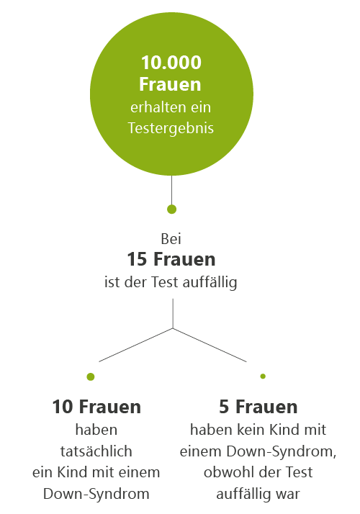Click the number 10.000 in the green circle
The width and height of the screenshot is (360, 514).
point(171,63)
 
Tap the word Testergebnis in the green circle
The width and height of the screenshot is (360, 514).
point(171,128)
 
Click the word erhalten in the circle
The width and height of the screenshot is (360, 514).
point(154,107)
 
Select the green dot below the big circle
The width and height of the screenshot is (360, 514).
point(171,209)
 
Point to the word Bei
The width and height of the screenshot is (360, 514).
point(171,239)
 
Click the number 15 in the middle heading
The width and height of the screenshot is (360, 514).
point(137,259)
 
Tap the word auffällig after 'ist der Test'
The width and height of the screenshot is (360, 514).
point(210,283)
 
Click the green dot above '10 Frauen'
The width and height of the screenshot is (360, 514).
point(91,377)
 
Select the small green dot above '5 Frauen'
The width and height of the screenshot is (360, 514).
point(263,376)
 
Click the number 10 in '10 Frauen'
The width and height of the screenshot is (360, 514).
point(63,407)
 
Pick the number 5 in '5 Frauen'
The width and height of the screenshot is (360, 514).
point(224,407)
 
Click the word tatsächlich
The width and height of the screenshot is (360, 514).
point(96,451)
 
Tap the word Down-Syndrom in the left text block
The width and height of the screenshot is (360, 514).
point(96,494)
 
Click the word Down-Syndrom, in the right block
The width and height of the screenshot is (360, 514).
point(282,451)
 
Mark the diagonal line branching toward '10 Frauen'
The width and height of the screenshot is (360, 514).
point(136,345)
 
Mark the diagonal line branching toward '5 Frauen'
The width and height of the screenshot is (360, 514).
point(210,345)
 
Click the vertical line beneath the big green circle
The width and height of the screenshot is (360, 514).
point(171,190)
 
